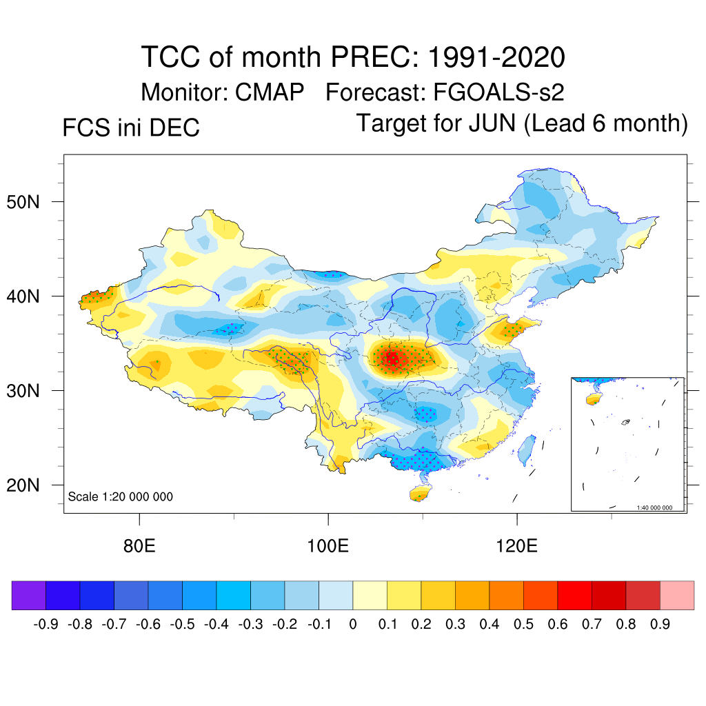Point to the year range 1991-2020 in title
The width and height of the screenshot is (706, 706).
pyautogui.click(x=496, y=57)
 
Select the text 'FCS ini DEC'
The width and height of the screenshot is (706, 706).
pyautogui.click(x=131, y=128)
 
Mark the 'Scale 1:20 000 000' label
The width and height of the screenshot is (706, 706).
pyautogui.click(x=121, y=496)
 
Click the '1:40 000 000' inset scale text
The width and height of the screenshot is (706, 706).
pyautogui.click(x=659, y=507)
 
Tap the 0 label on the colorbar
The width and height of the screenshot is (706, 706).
pyautogui.click(x=352, y=625)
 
